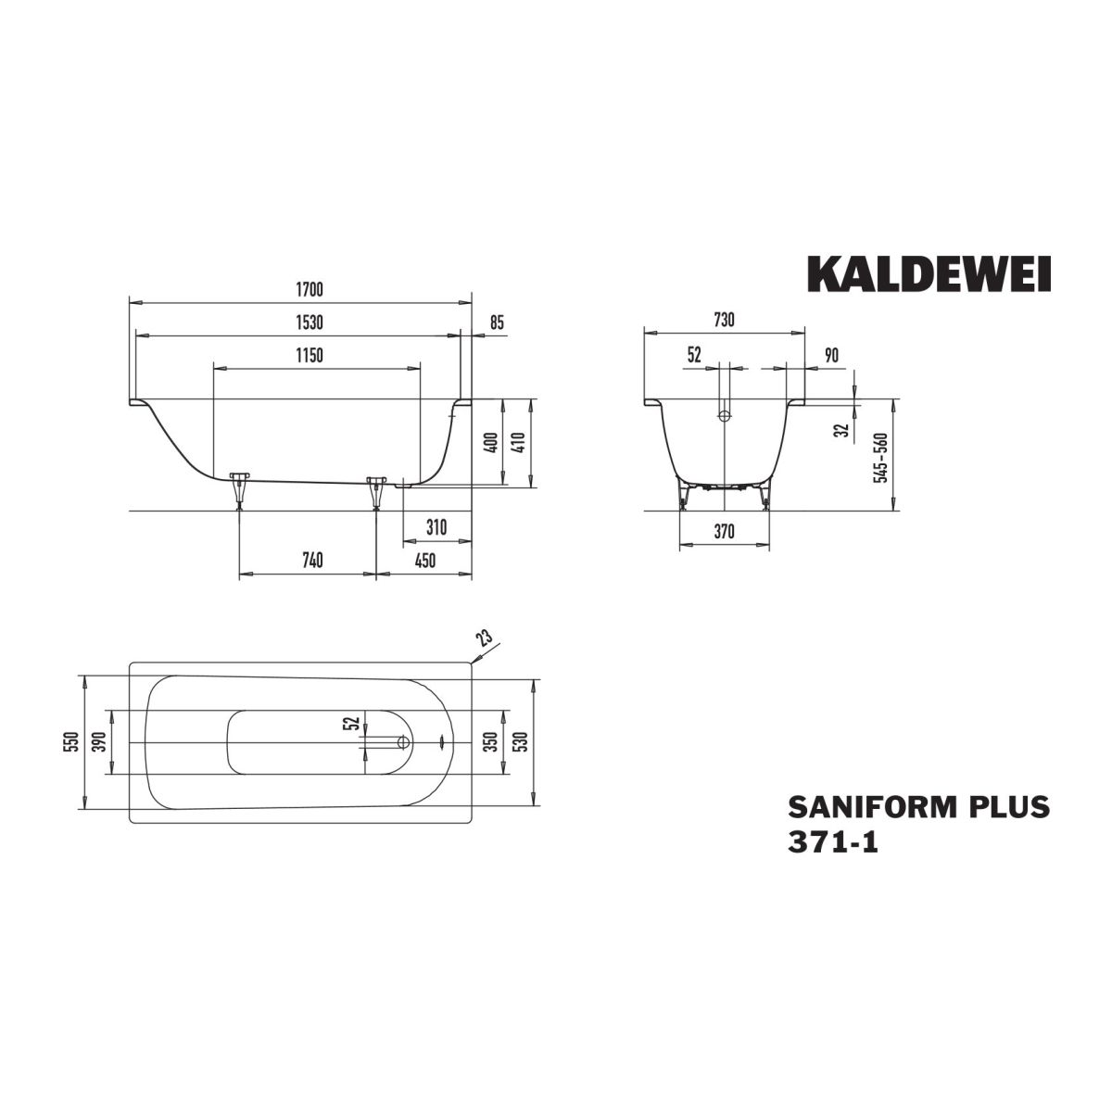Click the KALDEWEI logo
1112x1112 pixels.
coord(929,274)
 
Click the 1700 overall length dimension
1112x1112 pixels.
coord(310,290)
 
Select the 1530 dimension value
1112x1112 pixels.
coord(310,322)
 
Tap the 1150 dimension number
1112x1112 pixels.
coord(310,355)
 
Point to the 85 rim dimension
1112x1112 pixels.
coord(497,322)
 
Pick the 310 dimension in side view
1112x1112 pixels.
coord(436,527)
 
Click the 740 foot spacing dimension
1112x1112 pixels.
coord(312,560)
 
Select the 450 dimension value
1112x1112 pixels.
coord(425,560)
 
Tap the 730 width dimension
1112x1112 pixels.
coord(725,319)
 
